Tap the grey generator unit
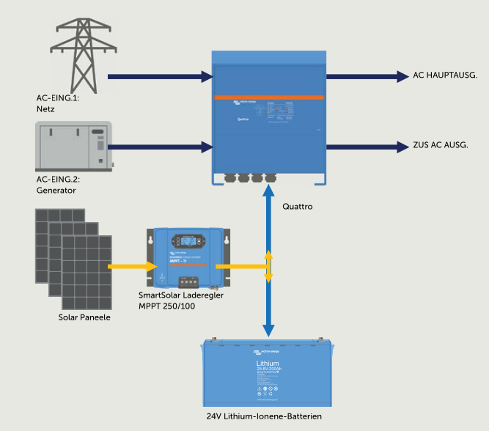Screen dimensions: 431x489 pyautogui.click(x=74, y=147)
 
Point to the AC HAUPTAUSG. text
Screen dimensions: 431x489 pyautogui.click(x=446, y=75)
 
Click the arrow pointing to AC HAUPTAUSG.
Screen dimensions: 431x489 pyautogui.click(x=366, y=75)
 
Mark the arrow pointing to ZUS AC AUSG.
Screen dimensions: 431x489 pyautogui.click(x=366, y=147)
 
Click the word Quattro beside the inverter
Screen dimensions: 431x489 pyautogui.click(x=298, y=207)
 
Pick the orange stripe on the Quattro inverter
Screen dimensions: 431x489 pyautogui.click(x=268, y=97)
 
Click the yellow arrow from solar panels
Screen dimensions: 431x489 pyautogui.click(x=132, y=266)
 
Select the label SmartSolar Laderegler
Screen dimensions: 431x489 pyautogui.click(x=180, y=295)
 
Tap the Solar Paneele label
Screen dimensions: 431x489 pyautogui.click(x=84, y=318)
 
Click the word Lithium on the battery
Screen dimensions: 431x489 pyautogui.click(x=268, y=364)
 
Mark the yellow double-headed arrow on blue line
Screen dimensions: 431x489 pyautogui.click(x=269, y=267)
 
